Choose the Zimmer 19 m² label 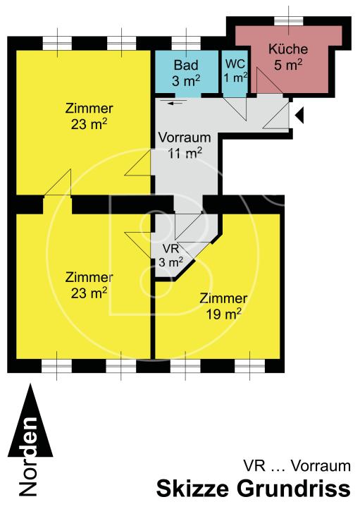pos(223,305)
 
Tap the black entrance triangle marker pos(299,115)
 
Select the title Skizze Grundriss pos(253,489)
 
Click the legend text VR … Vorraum pos(297,465)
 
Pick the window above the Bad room pos(186,42)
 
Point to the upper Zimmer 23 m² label pos(89,116)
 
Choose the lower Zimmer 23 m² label pos(89,283)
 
